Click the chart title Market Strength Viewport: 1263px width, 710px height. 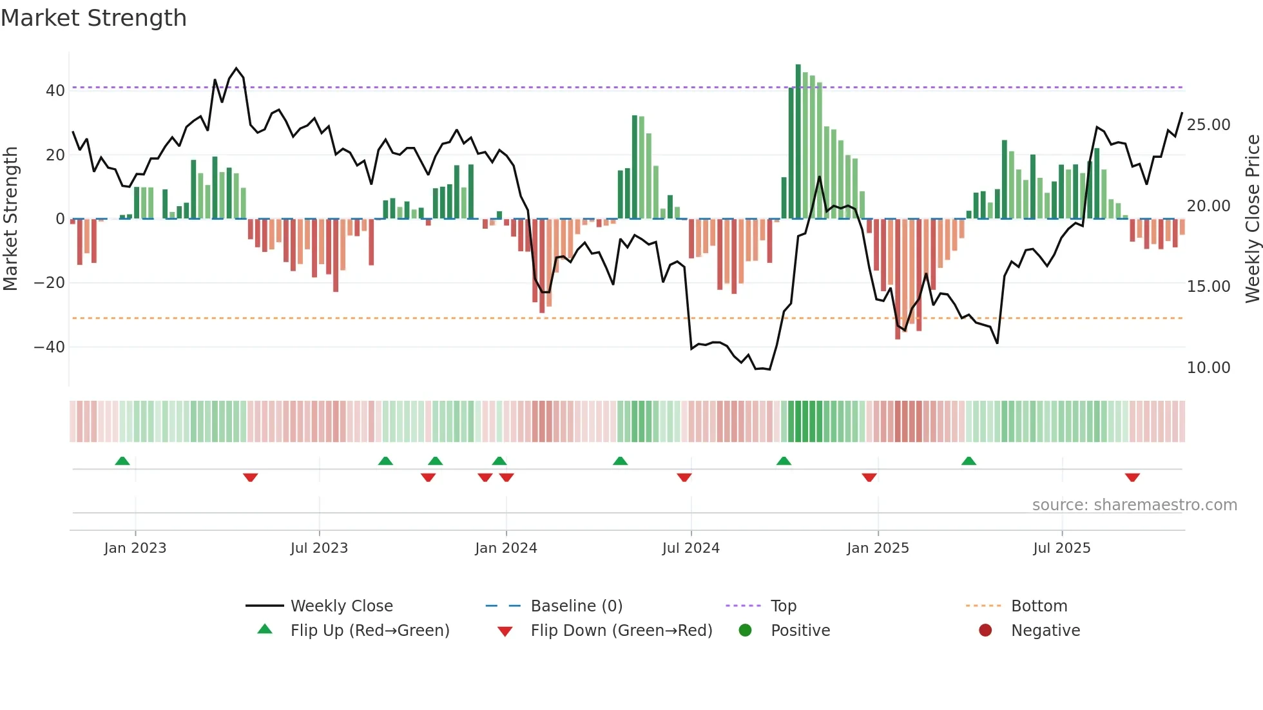(93, 18)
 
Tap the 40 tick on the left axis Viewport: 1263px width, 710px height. (55, 91)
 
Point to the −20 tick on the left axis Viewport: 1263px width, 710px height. (50, 283)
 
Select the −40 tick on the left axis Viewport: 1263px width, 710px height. (50, 347)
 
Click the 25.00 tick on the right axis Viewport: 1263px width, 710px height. (1208, 125)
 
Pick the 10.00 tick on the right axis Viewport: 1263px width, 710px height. (1208, 368)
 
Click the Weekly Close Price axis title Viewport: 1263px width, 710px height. (1252, 219)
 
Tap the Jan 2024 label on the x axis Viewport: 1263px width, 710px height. (506, 548)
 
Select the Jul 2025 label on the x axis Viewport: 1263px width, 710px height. (1061, 548)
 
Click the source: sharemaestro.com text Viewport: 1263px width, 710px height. (1134, 505)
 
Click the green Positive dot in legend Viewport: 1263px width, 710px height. (746, 631)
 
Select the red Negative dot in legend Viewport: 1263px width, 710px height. (985, 631)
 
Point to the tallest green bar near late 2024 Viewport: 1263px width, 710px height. (798, 142)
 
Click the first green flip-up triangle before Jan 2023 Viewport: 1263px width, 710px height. (122, 461)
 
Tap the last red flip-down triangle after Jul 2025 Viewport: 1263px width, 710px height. (1132, 477)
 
